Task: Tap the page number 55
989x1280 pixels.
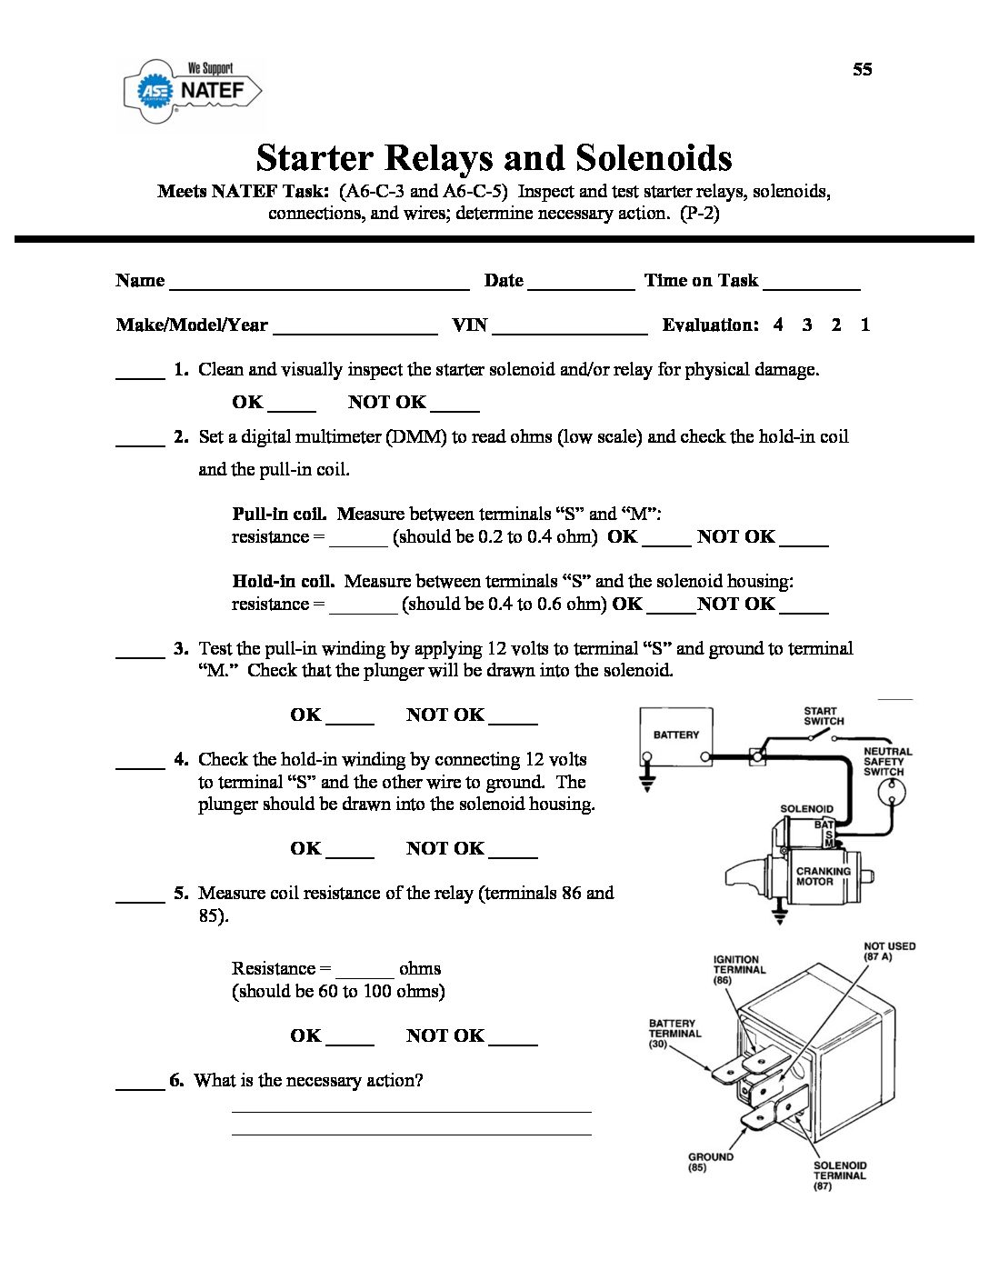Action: [862, 70]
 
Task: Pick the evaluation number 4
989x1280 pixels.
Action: [778, 325]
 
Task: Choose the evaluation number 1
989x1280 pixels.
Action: [865, 325]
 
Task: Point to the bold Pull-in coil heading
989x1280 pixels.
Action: [279, 514]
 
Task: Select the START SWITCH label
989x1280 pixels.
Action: [824, 716]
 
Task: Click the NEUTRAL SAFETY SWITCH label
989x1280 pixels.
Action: [886, 762]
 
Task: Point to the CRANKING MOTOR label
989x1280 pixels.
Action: [823, 876]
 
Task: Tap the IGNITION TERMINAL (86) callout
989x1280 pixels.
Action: [738, 970]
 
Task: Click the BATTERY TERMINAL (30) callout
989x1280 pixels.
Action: [674, 1034]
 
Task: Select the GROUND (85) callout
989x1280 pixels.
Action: [710, 1162]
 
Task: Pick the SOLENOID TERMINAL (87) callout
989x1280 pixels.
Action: [840, 1175]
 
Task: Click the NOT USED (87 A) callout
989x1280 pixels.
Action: [889, 951]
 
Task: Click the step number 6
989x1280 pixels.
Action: [176, 1081]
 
